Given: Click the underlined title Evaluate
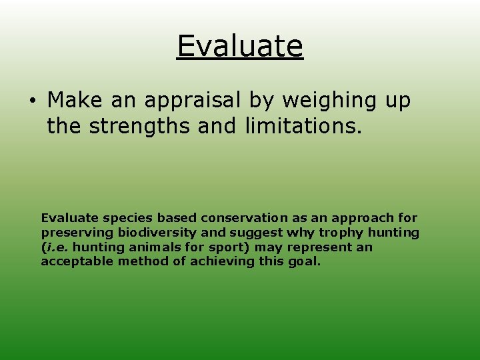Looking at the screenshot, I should coord(240,46).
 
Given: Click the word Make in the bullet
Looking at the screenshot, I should coord(73,101).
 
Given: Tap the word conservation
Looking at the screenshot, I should coord(245,218).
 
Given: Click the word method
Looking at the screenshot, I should coord(141,261).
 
